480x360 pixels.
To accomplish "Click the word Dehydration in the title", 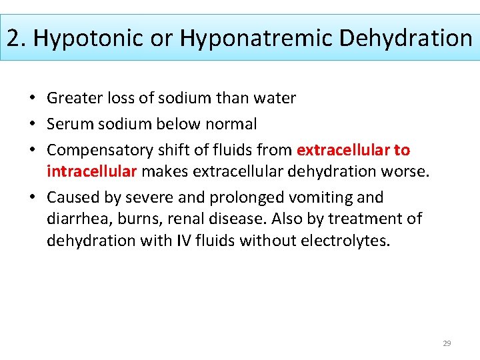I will tap(405, 38).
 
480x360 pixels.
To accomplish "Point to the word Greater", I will tap(73, 99).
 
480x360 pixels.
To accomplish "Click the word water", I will tap(276, 99).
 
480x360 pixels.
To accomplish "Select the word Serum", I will tap(67, 124).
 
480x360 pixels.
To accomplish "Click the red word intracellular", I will tap(91, 171).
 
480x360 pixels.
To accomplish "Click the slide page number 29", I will tap(447, 343).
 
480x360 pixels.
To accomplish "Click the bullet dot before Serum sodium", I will tap(33, 124).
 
